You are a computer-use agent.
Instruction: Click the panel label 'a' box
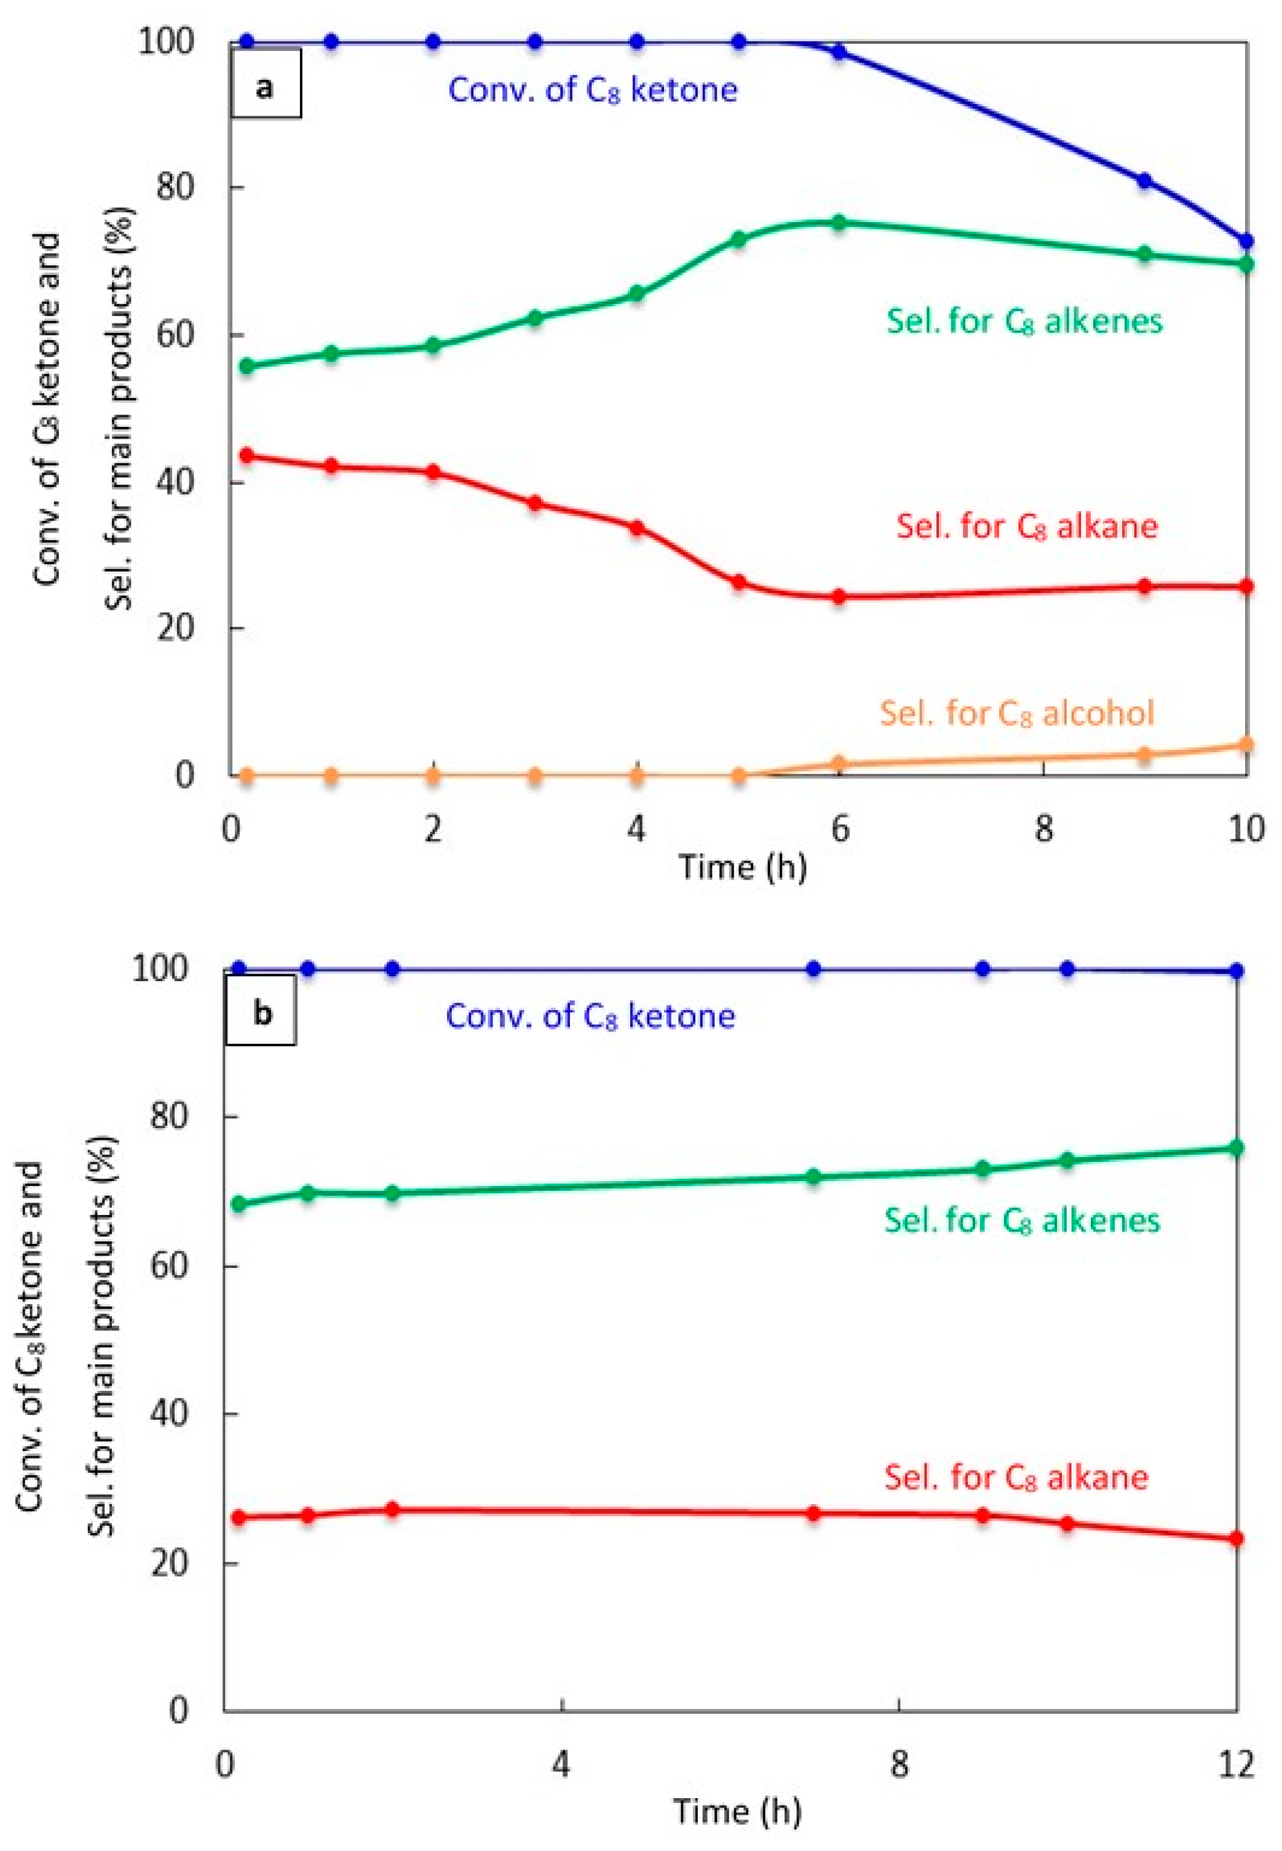point(266,84)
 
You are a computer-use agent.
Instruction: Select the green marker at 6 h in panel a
point(839,223)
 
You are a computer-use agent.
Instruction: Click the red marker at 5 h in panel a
point(738,583)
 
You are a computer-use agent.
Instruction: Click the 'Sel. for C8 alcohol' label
point(1016,712)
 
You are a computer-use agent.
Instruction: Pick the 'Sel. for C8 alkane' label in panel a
point(1027,526)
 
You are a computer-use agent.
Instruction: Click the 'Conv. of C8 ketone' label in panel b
point(590,1016)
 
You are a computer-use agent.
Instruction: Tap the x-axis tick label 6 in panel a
point(839,828)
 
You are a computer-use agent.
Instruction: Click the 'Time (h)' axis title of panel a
point(742,867)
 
